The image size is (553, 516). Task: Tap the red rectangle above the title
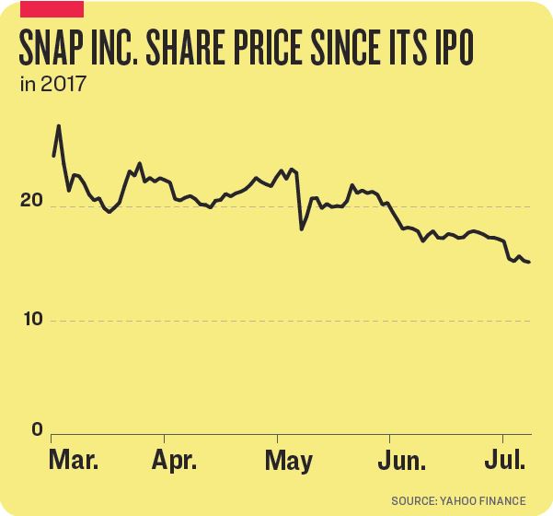pyautogui.click(x=52, y=9)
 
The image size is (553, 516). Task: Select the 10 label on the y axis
pyautogui.click(x=33, y=319)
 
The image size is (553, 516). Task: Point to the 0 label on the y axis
pyautogui.click(x=38, y=428)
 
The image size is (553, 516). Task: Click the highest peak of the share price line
pyautogui.click(x=59, y=125)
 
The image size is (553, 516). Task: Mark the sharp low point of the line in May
pyautogui.click(x=302, y=228)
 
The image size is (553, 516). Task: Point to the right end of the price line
pyautogui.click(x=529, y=263)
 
